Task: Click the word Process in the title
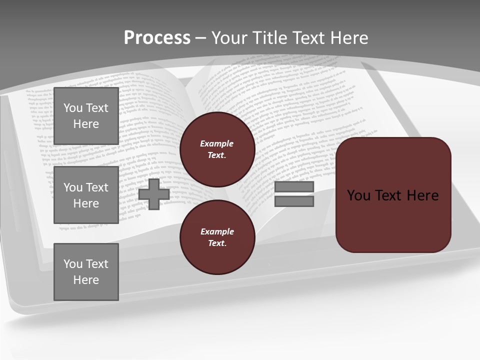(x=157, y=38)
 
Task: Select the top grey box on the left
(x=86, y=116)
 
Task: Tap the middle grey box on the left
(x=86, y=195)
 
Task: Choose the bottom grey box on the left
(x=86, y=272)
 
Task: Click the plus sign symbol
(x=154, y=194)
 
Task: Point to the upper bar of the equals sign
(x=294, y=186)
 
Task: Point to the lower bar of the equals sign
(x=294, y=201)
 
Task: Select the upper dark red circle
(x=217, y=149)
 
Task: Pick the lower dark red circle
(x=217, y=237)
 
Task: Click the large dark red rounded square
(x=393, y=194)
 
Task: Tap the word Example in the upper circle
(x=216, y=143)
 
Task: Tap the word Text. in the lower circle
(x=217, y=243)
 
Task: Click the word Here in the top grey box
(x=86, y=124)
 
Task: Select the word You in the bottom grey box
(x=73, y=264)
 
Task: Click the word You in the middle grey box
(x=73, y=187)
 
